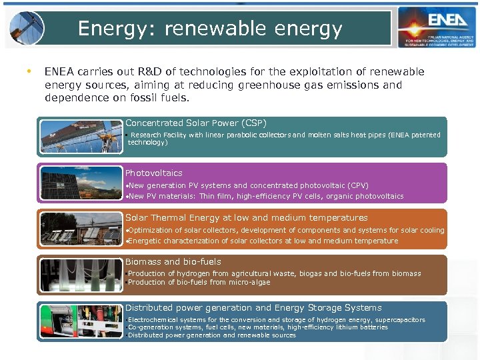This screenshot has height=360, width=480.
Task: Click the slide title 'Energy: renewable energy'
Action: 210,29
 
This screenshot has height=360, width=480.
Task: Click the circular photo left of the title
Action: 27,28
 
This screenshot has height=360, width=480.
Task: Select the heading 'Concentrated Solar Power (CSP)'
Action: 196,123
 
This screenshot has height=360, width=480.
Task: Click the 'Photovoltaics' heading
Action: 154,173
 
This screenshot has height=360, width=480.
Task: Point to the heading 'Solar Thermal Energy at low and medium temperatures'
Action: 247,218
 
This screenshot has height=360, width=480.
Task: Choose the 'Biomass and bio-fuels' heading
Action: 173,262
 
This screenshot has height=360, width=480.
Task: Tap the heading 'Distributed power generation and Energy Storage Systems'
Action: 253,308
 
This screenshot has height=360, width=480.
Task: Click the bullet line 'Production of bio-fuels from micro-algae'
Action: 199,283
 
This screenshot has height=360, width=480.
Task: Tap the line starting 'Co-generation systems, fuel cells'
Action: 257,327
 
